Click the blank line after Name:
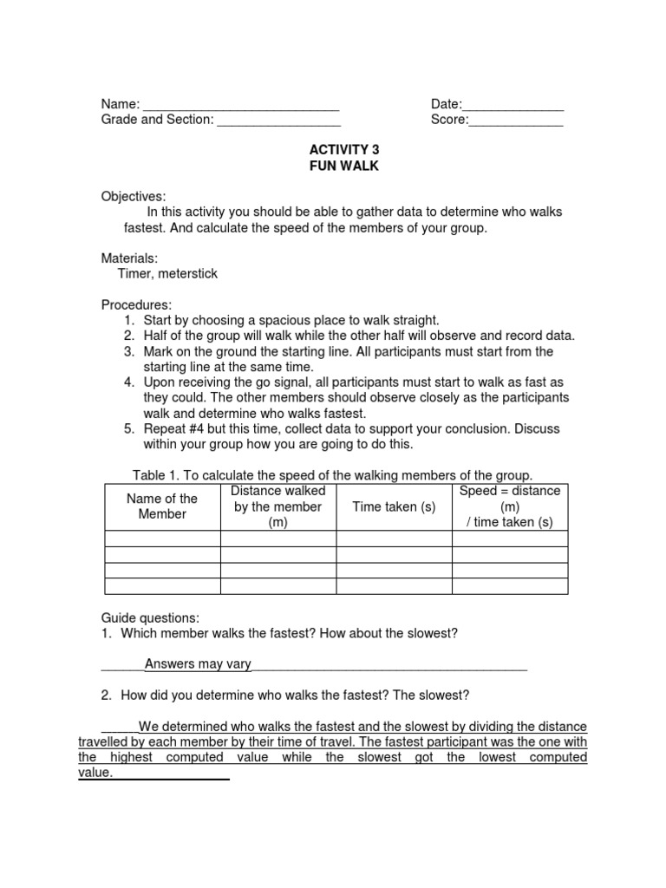coord(241,107)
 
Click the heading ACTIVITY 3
coord(344,150)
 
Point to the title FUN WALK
coord(344,166)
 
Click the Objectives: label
coord(134,197)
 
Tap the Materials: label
coord(130,258)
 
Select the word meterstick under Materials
coord(188,274)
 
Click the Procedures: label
coord(137,305)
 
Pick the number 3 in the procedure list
coord(127,352)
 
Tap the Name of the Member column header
coord(162,506)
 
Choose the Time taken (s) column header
coord(394,507)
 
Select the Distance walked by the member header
coord(278,507)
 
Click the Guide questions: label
coord(150,618)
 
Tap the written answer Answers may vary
coord(198,665)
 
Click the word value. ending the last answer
coord(95,774)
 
